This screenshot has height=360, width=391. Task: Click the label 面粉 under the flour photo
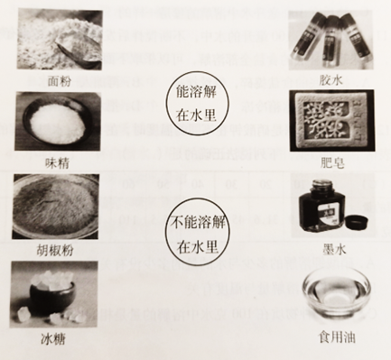(x=60, y=81)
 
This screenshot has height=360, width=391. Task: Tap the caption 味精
(x=57, y=162)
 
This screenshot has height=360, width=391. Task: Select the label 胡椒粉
(x=55, y=250)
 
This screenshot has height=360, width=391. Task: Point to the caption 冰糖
(x=53, y=339)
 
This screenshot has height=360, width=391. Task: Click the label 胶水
(x=331, y=80)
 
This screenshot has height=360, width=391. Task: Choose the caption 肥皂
(x=332, y=162)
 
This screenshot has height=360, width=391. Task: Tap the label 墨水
(x=334, y=249)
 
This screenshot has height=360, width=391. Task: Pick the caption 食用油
(x=337, y=337)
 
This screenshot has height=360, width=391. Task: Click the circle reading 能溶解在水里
(x=197, y=103)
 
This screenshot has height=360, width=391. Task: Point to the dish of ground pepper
(x=56, y=207)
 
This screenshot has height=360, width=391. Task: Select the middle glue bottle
(x=330, y=42)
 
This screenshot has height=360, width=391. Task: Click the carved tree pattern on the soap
(x=326, y=121)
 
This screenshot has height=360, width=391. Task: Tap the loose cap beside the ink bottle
(x=357, y=222)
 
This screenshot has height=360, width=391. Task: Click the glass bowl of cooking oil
(x=337, y=292)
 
